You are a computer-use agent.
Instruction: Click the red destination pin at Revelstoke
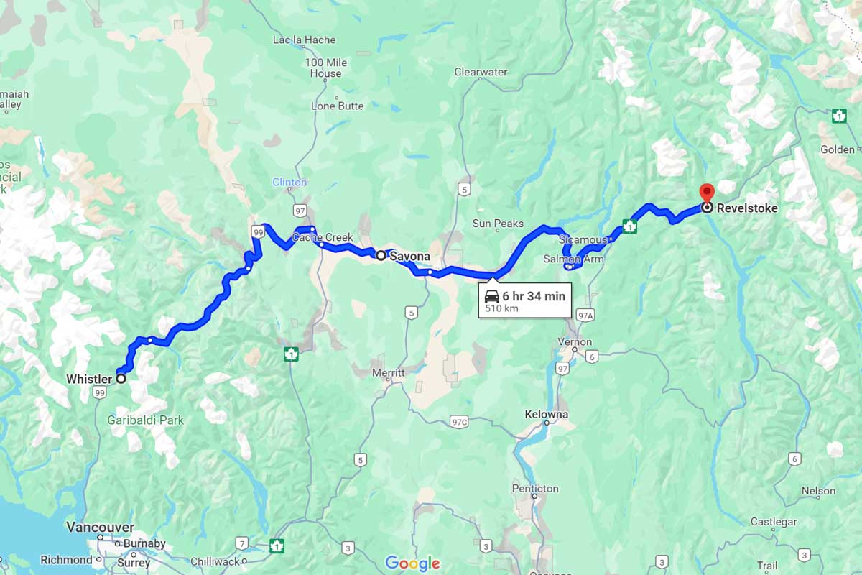click(707, 192)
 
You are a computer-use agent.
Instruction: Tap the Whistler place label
click(89, 379)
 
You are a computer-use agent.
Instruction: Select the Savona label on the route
click(410, 256)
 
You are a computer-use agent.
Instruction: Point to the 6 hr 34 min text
click(533, 296)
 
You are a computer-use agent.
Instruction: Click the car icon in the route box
click(492, 296)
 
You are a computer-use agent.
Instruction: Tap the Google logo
click(412, 563)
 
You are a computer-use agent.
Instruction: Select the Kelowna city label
click(546, 415)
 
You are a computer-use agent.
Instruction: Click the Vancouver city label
click(100, 528)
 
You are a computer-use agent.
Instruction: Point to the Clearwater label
click(481, 72)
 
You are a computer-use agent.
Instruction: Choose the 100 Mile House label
click(325, 68)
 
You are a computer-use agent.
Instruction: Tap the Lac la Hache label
click(304, 40)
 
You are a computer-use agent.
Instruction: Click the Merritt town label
click(389, 373)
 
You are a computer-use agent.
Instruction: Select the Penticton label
click(535, 489)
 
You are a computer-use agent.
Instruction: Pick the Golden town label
click(838, 149)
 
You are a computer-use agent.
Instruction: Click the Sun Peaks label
click(499, 224)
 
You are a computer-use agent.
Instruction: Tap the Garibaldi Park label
click(146, 420)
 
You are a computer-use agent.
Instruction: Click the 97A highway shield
click(586, 315)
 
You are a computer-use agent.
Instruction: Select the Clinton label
click(289, 183)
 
